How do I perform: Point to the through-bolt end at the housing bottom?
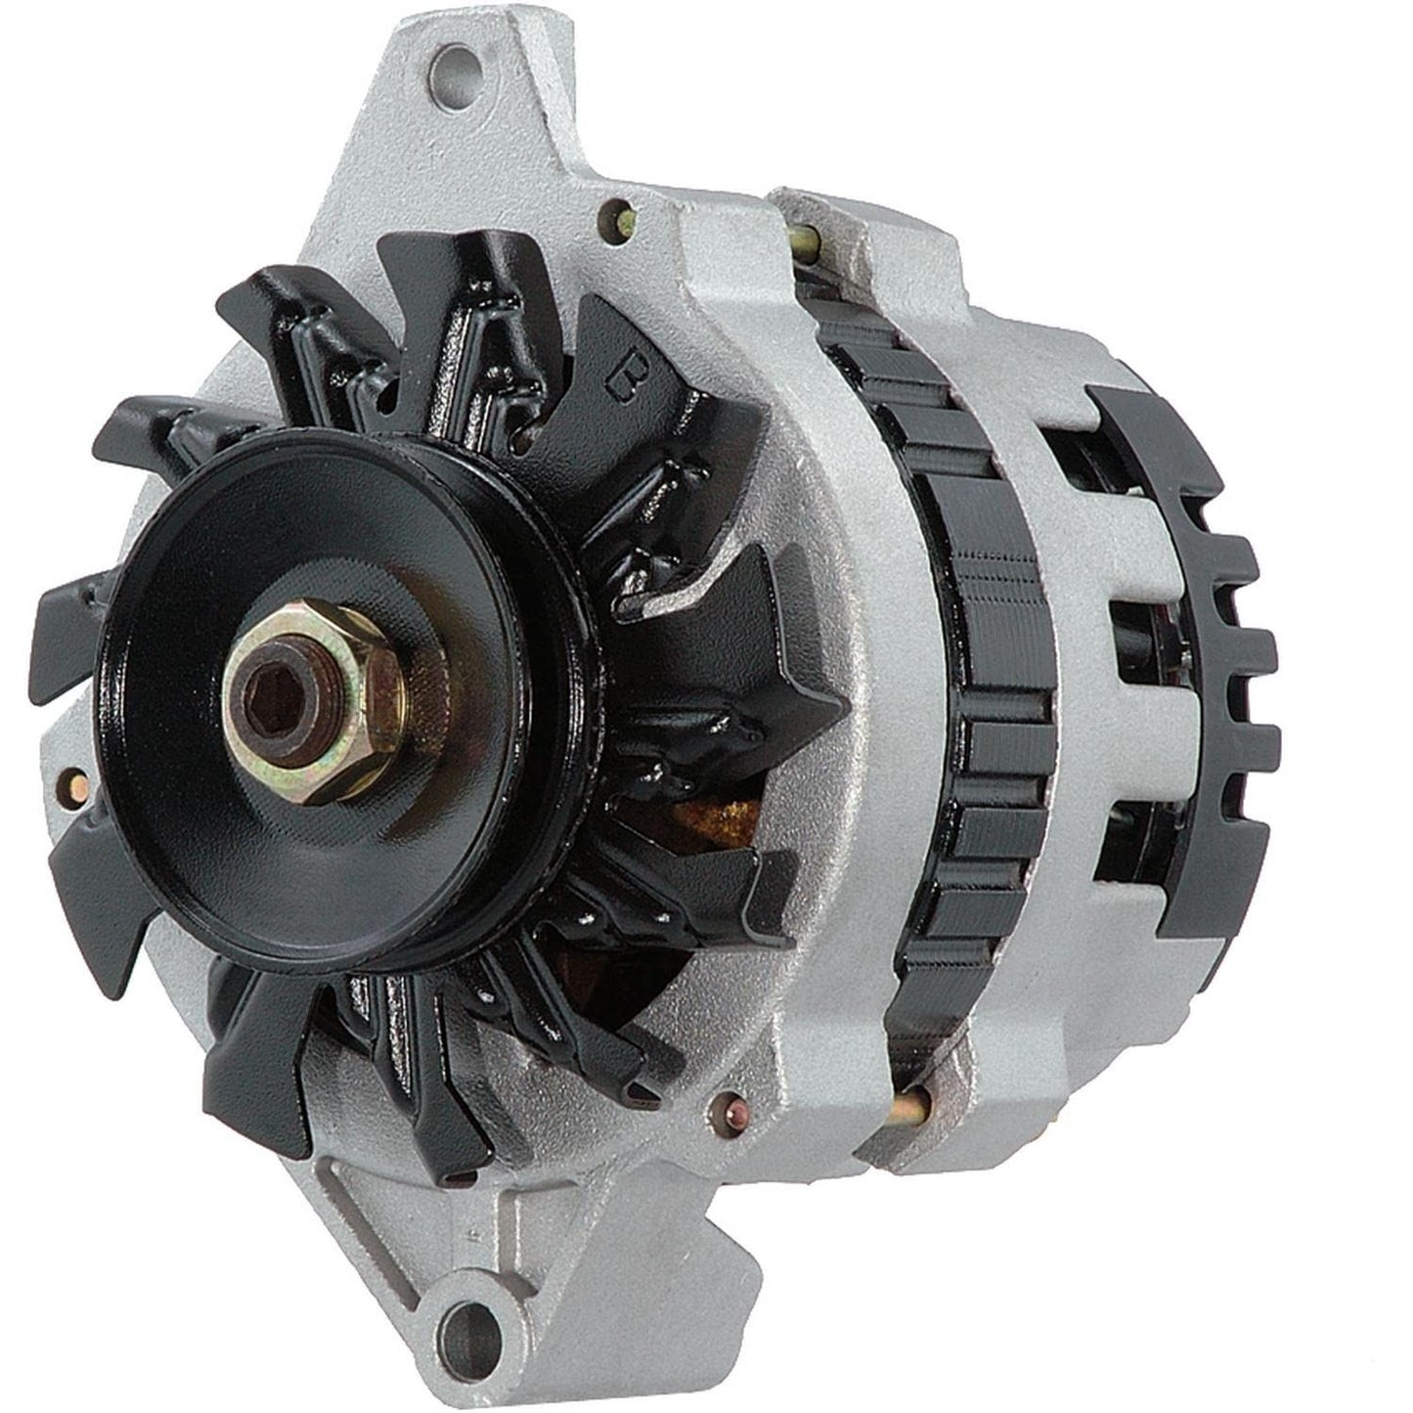(x=909, y=1106)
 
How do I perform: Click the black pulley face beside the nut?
(x=196, y=802)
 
